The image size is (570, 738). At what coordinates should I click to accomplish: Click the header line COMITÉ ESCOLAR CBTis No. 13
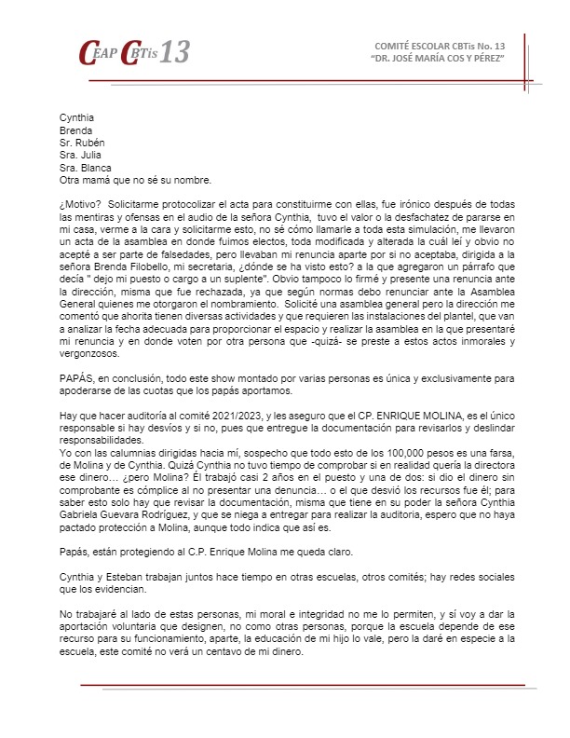[x=439, y=46]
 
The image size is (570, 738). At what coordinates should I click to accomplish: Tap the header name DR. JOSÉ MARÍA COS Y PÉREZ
[x=438, y=59]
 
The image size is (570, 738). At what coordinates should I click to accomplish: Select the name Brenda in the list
[x=75, y=131]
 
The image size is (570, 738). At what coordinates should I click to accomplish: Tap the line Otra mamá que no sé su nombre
[x=134, y=180]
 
